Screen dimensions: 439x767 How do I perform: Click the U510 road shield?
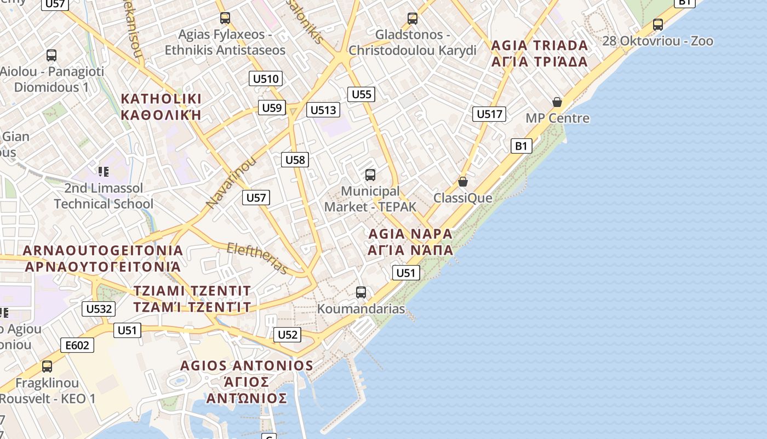click(266, 78)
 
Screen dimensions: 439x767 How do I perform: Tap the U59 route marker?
click(272, 108)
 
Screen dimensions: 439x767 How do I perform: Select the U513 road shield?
click(323, 110)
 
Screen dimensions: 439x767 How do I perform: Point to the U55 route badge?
click(362, 94)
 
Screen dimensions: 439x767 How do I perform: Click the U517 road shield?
click(489, 114)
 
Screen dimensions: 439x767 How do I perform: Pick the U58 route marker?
click(295, 160)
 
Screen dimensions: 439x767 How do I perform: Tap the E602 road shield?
click(77, 345)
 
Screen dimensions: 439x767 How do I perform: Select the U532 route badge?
click(99, 309)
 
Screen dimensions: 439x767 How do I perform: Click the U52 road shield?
click(287, 335)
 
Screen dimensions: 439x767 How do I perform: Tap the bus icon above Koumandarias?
click(360, 292)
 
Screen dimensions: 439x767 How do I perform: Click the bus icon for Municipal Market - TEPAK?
click(370, 175)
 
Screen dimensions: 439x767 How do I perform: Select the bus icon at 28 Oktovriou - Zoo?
click(658, 25)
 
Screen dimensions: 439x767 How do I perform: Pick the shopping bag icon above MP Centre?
click(557, 102)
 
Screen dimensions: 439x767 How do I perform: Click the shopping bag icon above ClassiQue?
click(463, 182)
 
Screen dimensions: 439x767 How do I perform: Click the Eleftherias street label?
click(257, 258)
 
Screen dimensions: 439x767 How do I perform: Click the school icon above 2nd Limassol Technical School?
click(104, 172)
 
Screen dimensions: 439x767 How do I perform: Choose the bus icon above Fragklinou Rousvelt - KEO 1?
click(47, 366)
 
